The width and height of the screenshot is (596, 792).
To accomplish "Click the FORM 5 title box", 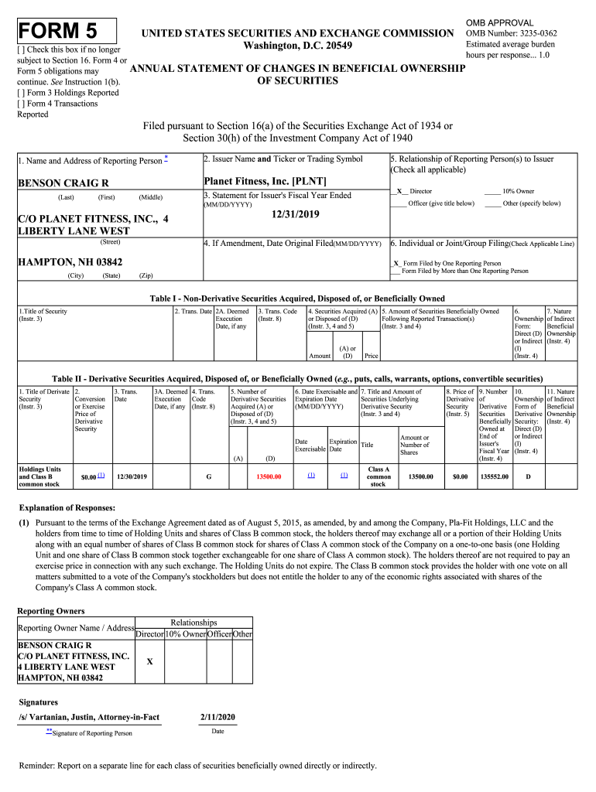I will tap(67, 31).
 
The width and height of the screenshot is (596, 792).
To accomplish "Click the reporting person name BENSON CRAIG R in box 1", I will tap(63, 183).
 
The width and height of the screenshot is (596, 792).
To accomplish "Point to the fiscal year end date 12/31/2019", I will tap(295, 214).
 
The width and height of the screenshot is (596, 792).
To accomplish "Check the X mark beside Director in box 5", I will tap(399, 191).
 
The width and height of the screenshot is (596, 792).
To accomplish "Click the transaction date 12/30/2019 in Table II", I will tap(131, 477).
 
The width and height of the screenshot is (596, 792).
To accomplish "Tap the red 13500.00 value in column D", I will tap(269, 477).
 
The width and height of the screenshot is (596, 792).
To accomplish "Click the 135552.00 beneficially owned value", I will tap(494, 477).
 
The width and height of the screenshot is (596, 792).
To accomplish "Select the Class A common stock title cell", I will tap(378, 476).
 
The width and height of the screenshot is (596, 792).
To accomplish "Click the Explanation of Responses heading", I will tap(67, 508).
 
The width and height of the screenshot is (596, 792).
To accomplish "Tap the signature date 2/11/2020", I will tap(218, 718).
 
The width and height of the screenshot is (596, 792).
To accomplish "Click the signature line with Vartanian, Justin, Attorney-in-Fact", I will tap(89, 718).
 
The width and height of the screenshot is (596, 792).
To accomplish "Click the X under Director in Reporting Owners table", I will tap(149, 661).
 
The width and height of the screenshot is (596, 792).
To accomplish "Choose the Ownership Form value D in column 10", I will tap(528, 477).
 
